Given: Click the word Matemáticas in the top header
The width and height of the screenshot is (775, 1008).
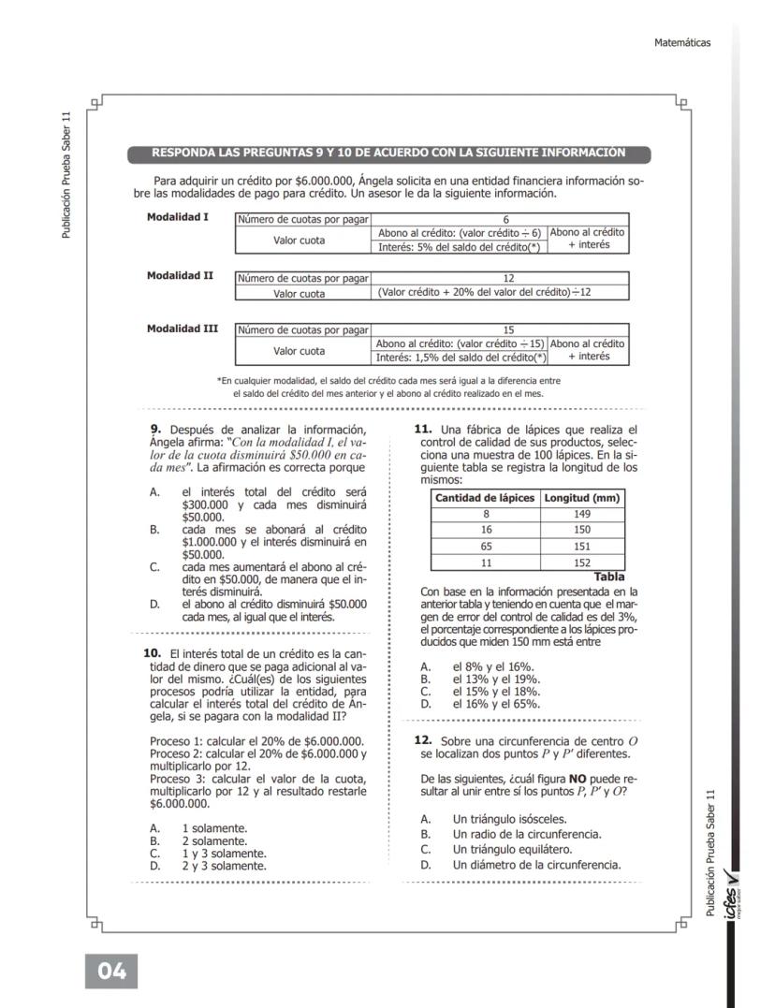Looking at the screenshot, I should point(683,42).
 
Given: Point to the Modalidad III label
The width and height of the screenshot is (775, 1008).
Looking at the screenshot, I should point(183,329).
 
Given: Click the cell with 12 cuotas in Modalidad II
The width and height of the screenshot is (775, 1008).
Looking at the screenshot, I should point(500,278).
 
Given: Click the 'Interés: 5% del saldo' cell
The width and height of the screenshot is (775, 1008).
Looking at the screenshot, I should point(460,246).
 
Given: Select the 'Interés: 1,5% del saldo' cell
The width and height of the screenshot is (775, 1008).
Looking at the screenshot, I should point(460,358).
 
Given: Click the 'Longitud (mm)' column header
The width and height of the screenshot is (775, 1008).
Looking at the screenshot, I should point(582,498).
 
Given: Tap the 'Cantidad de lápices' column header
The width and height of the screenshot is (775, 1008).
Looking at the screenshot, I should point(486,498).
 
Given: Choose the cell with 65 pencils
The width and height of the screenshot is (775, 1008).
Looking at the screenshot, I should point(486,546).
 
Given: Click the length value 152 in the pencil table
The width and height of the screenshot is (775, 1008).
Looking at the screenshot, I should point(582,562).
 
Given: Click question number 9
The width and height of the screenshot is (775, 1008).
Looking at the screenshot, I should point(156,430).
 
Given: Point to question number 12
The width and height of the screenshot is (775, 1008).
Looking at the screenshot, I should point(422,740).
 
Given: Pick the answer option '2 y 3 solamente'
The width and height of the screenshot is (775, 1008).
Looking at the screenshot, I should point(224,866).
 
